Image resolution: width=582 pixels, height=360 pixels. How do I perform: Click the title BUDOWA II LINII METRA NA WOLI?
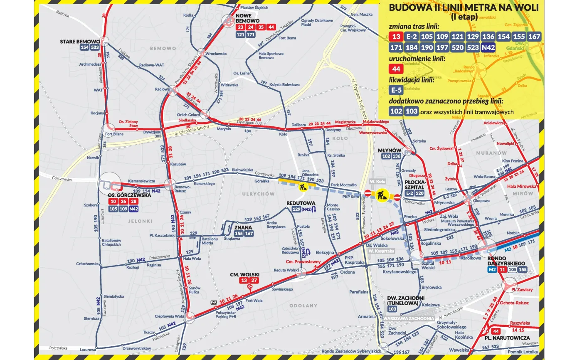(x=464, y=8)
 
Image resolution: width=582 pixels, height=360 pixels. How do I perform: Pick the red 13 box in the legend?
(x=396, y=37)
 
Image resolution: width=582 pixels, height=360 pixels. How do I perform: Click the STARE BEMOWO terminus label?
(x=80, y=42)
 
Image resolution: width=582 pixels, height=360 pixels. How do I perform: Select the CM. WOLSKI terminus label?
(x=245, y=275)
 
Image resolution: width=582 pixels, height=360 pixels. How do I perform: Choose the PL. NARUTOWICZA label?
(x=507, y=338)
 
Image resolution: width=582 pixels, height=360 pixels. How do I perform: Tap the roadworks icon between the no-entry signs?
(x=382, y=194)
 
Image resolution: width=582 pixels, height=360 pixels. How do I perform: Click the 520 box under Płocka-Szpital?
(x=419, y=193)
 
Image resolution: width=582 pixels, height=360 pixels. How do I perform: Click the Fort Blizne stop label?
(x=114, y=134)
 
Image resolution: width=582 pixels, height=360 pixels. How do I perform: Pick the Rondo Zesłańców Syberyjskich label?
(x=346, y=351)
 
